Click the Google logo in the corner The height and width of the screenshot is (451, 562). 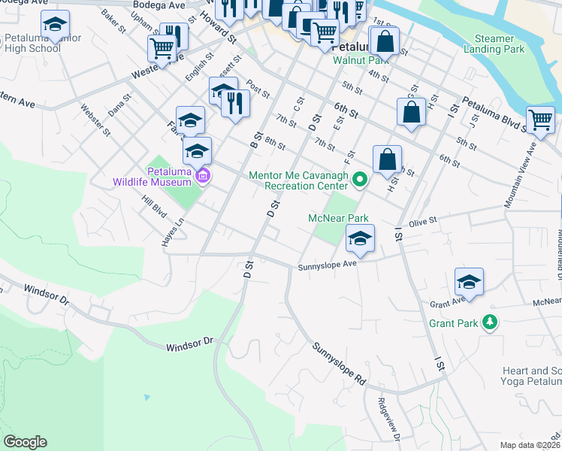(25, 442)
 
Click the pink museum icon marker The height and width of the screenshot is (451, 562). (201, 176)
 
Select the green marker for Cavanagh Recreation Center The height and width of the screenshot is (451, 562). (359, 179)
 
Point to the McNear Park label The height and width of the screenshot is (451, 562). (338, 218)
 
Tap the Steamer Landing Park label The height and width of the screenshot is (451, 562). (506, 44)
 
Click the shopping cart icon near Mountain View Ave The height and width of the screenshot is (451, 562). (540, 120)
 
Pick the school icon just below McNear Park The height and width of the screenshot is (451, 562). (360, 239)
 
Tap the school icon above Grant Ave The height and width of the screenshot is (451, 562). (469, 282)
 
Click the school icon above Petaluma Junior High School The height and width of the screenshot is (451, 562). (55, 25)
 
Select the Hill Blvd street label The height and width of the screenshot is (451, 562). (155, 209)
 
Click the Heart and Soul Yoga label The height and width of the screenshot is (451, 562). (530, 377)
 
